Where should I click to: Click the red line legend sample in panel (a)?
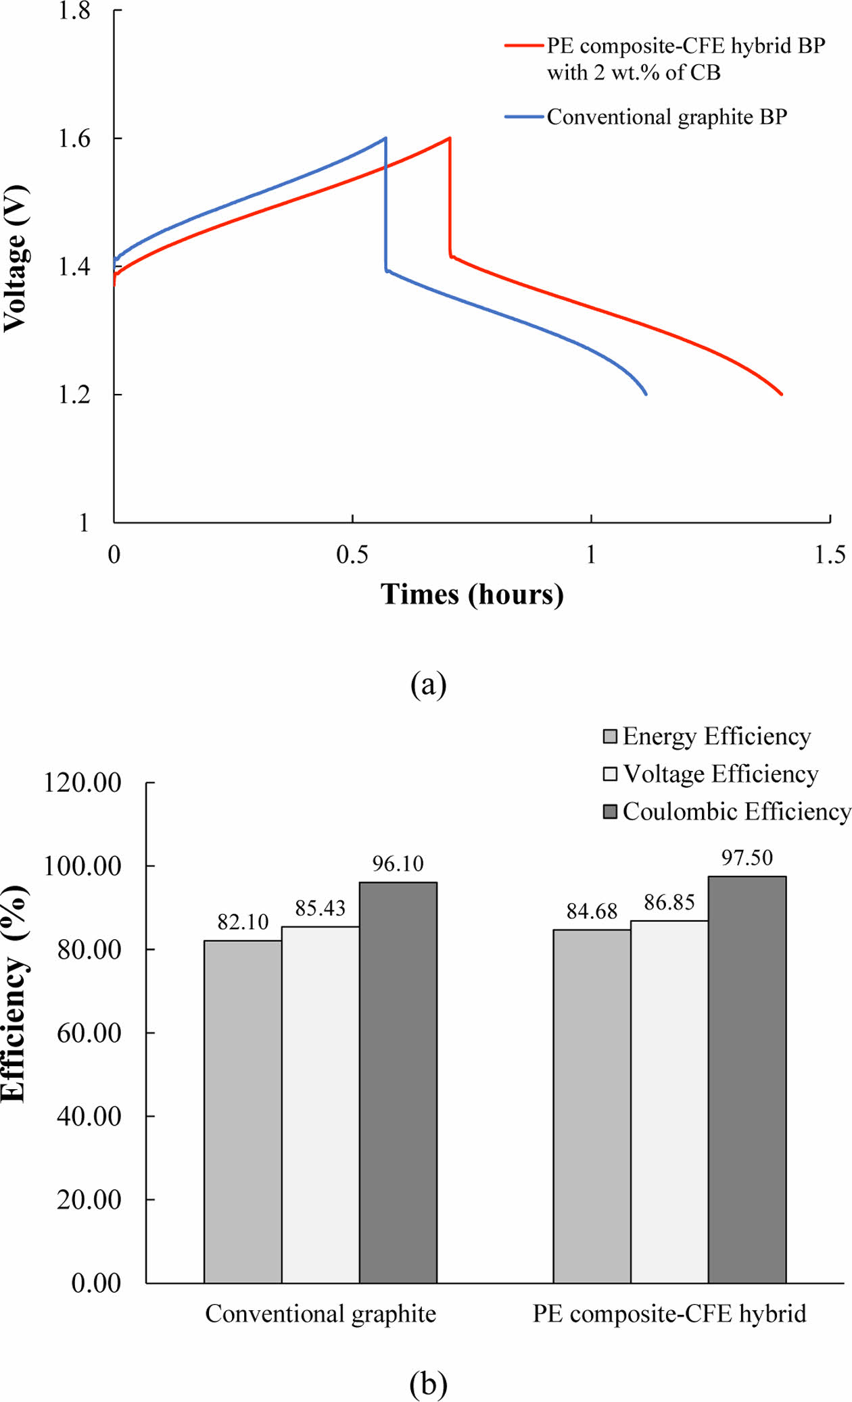click(524, 46)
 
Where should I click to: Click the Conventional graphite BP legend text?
click(667, 117)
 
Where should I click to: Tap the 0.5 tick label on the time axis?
click(352, 555)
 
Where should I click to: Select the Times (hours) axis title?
click(472, 595)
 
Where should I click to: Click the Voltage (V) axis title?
click(16, 258)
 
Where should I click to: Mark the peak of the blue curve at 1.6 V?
click(385, 139)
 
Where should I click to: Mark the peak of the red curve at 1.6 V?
click(449, 139)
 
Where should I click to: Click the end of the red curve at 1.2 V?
click(782, 394)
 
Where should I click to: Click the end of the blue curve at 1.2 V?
click(646, 394)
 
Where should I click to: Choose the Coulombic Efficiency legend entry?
click(727, 811)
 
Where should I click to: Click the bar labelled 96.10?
click(398, 1081)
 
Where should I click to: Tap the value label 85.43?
click(320, 908)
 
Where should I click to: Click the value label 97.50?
click(747, 858)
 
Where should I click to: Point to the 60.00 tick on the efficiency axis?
click(89, 1032)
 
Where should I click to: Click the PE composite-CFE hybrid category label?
click(669, 1313)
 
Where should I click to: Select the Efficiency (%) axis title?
click(16, 993)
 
